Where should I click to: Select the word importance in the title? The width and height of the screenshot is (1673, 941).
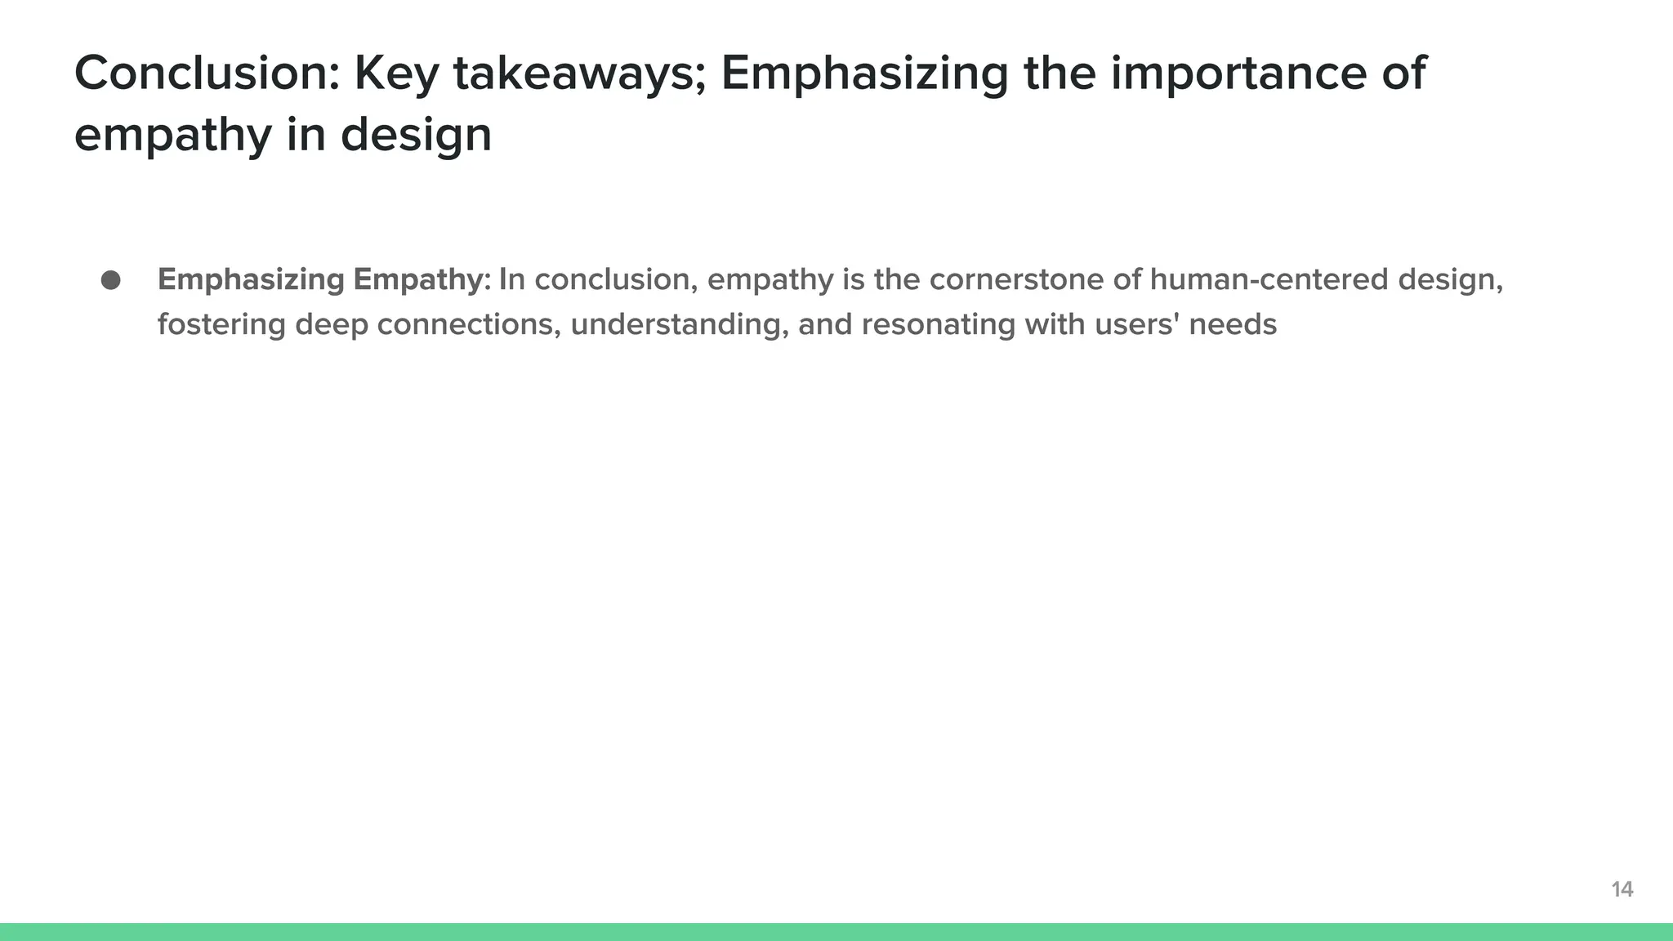coord(1238,73)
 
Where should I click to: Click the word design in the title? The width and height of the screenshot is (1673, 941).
coord(416,135)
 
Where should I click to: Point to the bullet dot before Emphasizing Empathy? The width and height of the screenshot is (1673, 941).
coord(111,280)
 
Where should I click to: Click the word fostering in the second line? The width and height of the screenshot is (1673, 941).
coord(221,324)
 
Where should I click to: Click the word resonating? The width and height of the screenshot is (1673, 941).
coord(939,324)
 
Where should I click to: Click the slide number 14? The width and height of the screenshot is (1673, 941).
coord(1622,890)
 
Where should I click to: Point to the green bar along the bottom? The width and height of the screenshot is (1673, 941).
coord(836,932)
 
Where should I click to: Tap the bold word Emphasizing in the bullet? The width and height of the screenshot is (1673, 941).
coord(251,280)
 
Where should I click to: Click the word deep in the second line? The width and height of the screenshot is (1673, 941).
coord(332,324)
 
